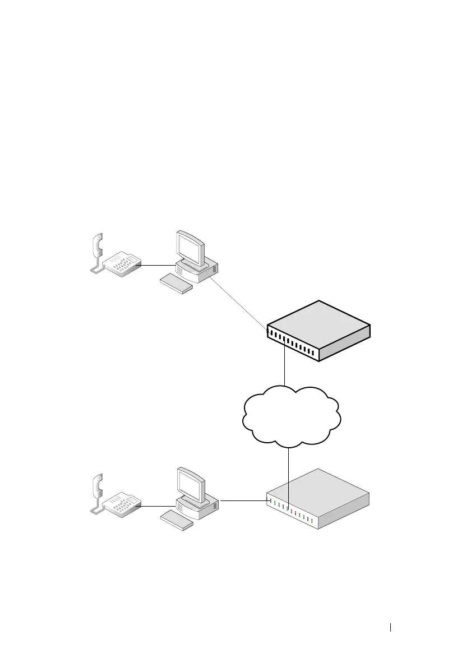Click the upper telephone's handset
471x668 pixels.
96,247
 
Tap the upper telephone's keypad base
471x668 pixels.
121,264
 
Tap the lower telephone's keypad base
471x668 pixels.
121,504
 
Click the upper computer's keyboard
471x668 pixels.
176,284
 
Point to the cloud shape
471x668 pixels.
292,415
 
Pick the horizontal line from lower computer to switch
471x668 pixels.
242,500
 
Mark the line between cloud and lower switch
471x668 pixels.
288,471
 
